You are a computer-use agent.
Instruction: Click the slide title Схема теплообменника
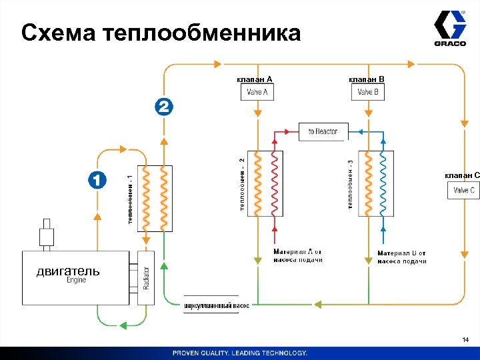click(161, 32)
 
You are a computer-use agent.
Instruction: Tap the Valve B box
click(368, 92)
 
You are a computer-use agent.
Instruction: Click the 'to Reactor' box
click(323, 131)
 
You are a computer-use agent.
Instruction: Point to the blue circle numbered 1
click(97, 179)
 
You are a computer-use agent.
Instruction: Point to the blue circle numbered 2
click(164, 107)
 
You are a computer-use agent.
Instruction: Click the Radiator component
click(145, 277)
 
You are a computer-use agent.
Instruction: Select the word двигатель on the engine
click(68, 271)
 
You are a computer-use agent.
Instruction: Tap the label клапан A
click(254, 79)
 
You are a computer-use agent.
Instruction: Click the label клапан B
click(367, 79)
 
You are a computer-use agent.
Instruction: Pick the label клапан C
click(461, 175)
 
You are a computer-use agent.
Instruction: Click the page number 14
click(465, 341)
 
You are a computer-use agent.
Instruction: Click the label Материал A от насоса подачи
click(298, 256)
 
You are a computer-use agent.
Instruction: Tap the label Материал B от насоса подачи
click(401, 257)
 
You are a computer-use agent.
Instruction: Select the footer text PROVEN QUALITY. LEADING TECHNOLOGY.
click(240, 353)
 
